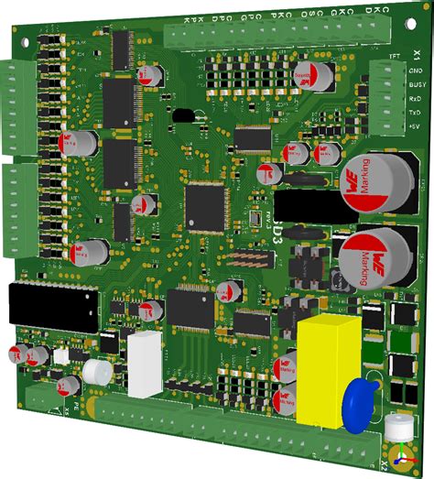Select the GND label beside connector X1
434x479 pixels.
pyautogui.click(x=415, y=71)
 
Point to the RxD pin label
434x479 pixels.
pyautogui.click(x=415, y=98)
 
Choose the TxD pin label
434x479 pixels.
pyautogui.click(x=415, y=111)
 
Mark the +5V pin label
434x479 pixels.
pyautogui.click(x=415, y=125)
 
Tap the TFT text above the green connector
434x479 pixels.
pyautogui.click(x=395, y=56)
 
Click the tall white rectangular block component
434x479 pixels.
pyautogui.click(x=143, y=365)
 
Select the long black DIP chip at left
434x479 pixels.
pyautogui.click(x=52, y=309)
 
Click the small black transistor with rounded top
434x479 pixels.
pyautogui.click(x=186, y=116)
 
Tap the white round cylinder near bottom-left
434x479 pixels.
pyautogui.click(x=95, y=371)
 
